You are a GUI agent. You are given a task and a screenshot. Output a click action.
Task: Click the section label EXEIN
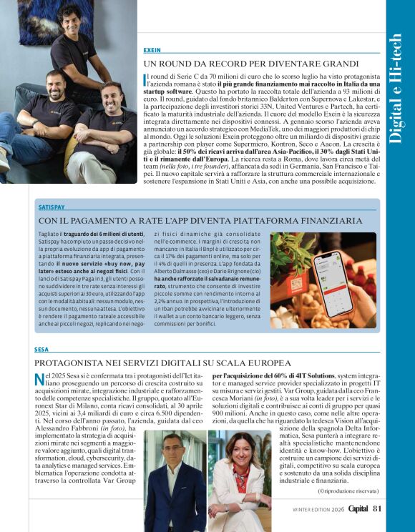(152, 51)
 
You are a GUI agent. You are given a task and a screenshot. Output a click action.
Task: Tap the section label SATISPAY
(52, 207)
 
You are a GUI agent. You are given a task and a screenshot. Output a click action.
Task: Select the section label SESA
(41, 350)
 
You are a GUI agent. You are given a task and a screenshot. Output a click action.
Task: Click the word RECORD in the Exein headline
(224, 64)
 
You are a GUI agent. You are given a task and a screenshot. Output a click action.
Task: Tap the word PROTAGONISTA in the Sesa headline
(74, 363)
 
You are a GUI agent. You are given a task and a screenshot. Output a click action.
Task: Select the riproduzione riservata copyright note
(348, 491)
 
